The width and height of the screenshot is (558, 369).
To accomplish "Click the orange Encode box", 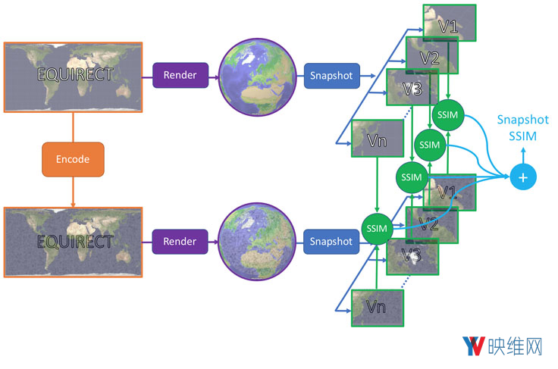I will (73, 159).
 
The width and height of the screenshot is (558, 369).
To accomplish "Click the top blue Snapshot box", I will (331, 75).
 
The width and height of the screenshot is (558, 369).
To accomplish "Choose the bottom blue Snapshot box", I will (331, 242).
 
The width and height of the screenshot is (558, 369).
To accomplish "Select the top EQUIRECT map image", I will (73, 76).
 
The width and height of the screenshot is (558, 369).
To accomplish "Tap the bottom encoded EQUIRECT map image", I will (73, 242).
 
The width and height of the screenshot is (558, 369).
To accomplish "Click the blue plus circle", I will (522, 177).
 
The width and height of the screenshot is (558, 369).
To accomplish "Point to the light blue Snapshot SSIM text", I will (522, 127).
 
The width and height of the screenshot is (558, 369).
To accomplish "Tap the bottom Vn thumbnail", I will (377, 307).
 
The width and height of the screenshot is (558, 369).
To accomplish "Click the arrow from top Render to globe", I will (212, 75).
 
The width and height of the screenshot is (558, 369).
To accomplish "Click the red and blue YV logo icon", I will (475, 347).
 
